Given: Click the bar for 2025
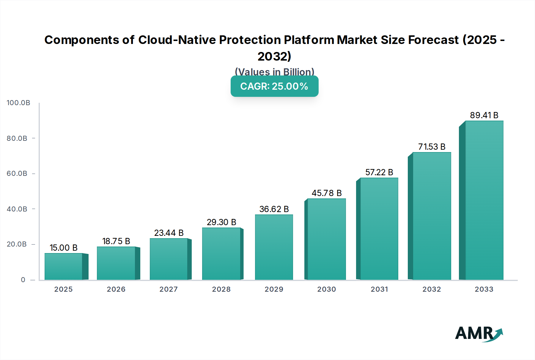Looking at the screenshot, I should pos(63,266).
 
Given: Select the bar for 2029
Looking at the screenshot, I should pos(274,247).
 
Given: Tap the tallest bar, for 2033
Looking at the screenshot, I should pos(484,200).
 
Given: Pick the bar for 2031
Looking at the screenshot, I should pos(379,229).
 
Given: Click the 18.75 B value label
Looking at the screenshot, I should pos(116,241).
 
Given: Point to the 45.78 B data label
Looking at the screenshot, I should pos(327,193).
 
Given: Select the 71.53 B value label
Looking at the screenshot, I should pos(432,147).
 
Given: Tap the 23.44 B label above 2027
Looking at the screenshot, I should pos(169,233).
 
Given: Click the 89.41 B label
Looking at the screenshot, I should pos(484,115).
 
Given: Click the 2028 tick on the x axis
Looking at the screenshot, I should pos(221,289).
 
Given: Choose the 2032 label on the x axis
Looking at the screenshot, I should pos(432,289).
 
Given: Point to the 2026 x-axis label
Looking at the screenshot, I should pos(116,289).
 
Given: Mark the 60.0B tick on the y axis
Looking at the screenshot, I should pos(17,173).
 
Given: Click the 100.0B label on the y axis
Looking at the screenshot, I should pos(18,103).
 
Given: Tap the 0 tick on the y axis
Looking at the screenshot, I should pos(23,280).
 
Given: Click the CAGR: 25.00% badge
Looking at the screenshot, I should pos(274,86).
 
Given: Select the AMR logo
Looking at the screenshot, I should pos(479,334).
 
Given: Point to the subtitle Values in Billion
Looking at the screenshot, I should pos(274,72).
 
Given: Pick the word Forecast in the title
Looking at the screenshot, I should pos(433,40).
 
